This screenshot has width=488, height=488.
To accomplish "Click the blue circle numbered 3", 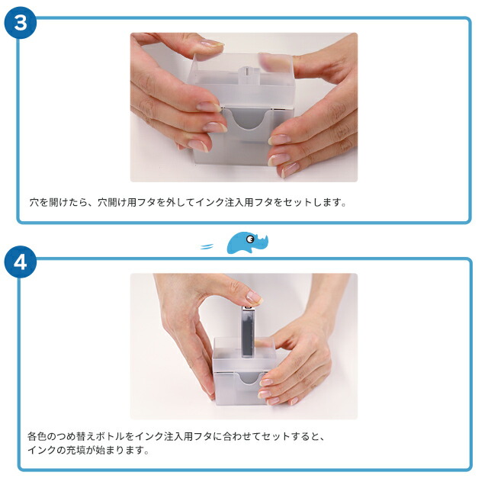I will click(21, 21).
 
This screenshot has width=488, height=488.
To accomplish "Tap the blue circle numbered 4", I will click(21, 262).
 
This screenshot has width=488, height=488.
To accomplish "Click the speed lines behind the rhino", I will click(207, 246).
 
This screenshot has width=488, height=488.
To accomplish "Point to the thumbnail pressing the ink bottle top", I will click(253, 297).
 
